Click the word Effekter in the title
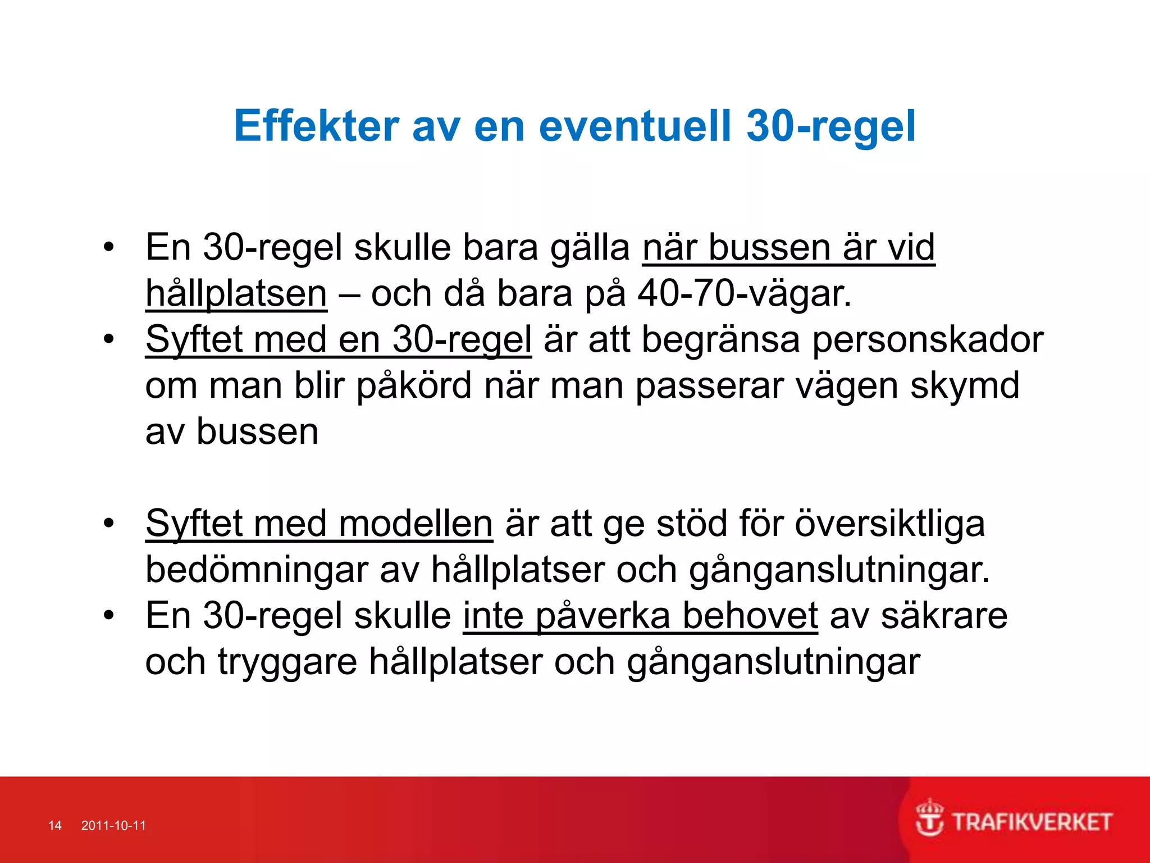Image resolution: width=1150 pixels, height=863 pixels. [x=316, y=126]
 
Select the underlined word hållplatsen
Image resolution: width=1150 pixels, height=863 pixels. [x=236, y=294]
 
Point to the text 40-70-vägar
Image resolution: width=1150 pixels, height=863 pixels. [x=745, y=294]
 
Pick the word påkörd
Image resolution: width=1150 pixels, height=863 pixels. [x=414, y=386]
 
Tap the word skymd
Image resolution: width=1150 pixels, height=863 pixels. [x=965, y=386]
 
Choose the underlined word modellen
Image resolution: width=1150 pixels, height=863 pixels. [x=416, y=524]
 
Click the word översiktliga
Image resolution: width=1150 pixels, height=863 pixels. [x=890, y=524]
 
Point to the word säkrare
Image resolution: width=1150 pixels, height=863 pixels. [x=944, y=616]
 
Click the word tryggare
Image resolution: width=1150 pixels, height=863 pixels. [x=287, y=662]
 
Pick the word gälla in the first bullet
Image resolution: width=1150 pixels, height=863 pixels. [x=590, y=248]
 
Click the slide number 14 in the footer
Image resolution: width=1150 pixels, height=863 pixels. [x=55, y=825]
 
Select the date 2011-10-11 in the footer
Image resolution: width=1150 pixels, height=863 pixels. [x=113, y=825]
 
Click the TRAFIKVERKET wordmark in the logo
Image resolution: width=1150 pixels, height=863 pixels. [x=1032, y=823]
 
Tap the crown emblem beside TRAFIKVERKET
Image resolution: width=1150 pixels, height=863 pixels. [x=930, y=818]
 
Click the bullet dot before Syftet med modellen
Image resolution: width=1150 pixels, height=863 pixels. [x=109, y=523]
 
